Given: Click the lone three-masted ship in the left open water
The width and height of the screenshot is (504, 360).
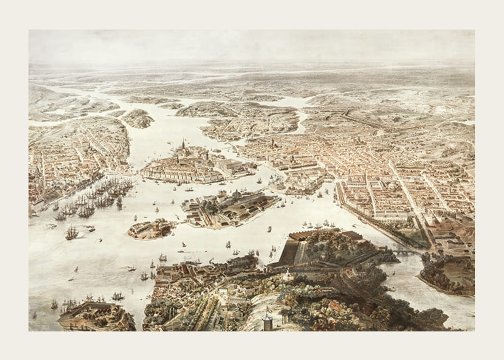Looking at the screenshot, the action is click(x=71, y=232).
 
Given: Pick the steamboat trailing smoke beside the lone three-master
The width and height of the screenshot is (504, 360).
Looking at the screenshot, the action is click(x=89, y=228).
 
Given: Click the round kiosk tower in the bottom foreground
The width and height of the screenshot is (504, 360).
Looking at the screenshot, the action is click(x=267, y=322).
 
